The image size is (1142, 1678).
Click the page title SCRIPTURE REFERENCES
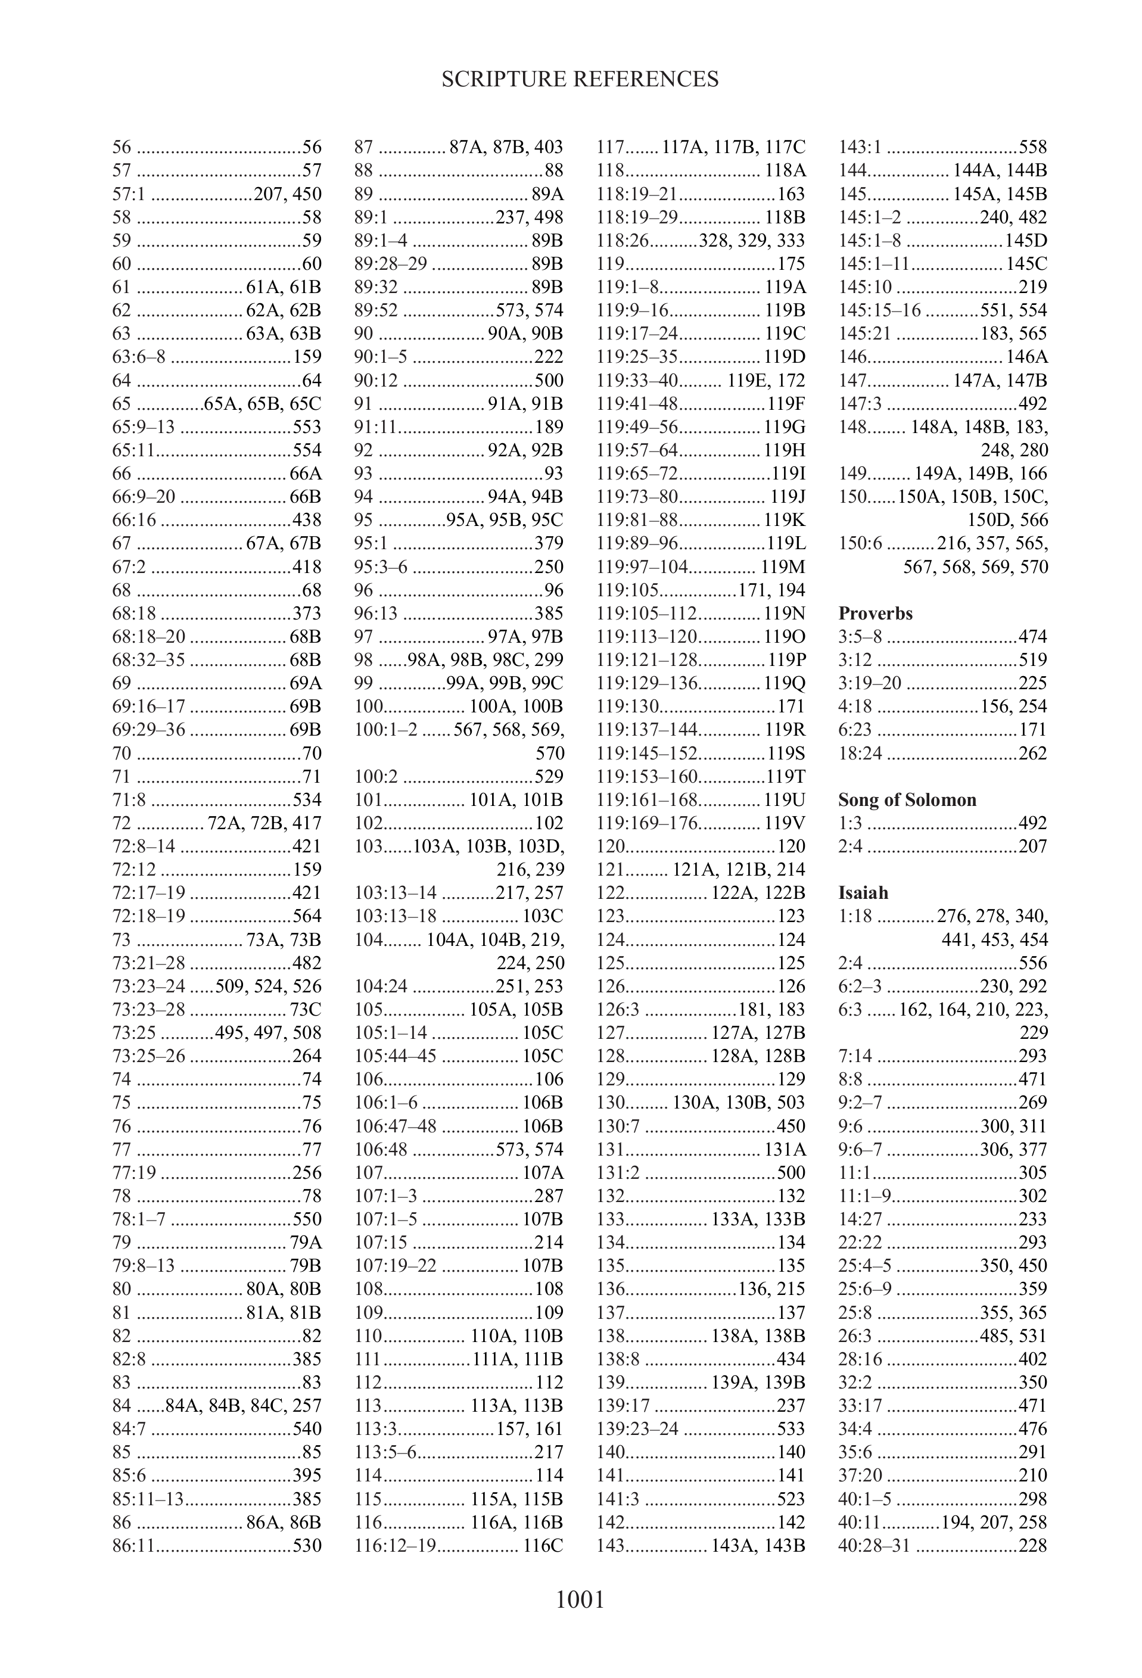pyautogui.click(x=580, y=79)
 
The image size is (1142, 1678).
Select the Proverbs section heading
pyautogui.click(x=875, y=613)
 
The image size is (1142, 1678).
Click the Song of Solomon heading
pyautogui.click(x=907, y=799)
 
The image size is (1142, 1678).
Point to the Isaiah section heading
pyautogui.click(x=863, y=892)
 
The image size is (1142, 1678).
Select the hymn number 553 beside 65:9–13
pyautogui.click(x=307, y=426)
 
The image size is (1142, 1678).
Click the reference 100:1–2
pyautogui.click(x=385, y=729)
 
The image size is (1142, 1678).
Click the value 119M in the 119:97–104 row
pyautogui.click(x=783, y=567)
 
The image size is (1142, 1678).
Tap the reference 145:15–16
pyautogui.click(x=879, y=310)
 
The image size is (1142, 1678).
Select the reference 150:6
pyautogui.click(x=860, y=543)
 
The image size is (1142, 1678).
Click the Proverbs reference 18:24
pyautogui.click(x=860, y=753)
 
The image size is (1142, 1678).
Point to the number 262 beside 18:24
pyautogui.click(x=1032, y=753)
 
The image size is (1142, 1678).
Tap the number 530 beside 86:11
pyautogui.click(x=307, y=1545)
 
